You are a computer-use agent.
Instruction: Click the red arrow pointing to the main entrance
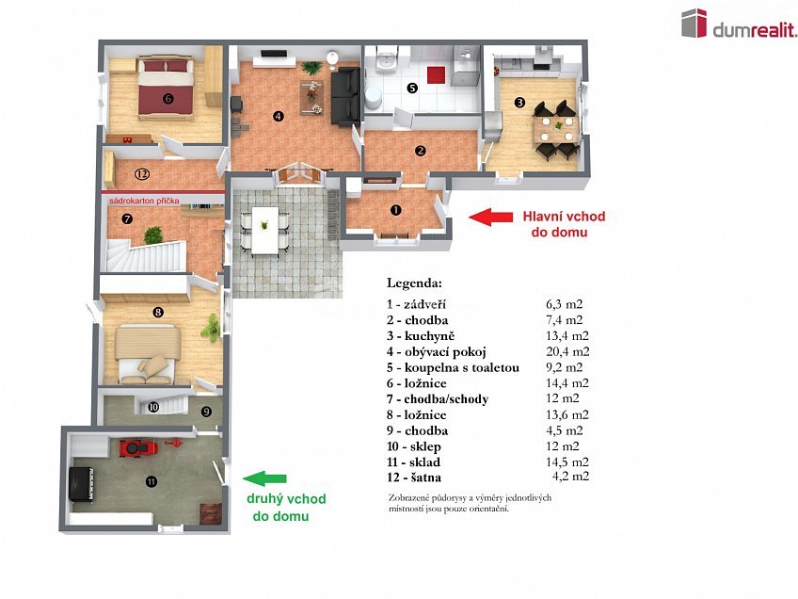pos(490,219)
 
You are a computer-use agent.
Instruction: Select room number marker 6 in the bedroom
pos(168,97)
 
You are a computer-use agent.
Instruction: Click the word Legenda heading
pos(419,283)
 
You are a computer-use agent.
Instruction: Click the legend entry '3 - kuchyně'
pos(420,336)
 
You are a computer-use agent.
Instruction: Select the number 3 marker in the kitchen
pos(519,102)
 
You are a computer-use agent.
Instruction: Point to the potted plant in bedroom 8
pos(213,327)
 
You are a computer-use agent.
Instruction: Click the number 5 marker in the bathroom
pos(411,89)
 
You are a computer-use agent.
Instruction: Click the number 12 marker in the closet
pos(141,173)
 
